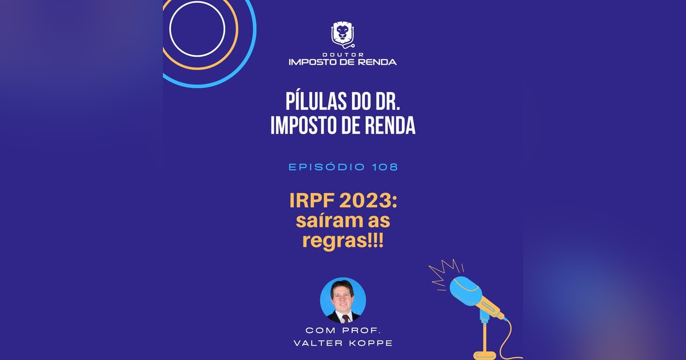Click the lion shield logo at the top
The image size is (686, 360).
point(342,34)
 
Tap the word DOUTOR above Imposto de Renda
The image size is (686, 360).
point(342,54)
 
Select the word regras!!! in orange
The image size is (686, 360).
point(343,241)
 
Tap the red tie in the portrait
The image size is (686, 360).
point(344,316)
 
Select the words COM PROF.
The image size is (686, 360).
point(343,330)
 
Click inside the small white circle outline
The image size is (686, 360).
point(197,29)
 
